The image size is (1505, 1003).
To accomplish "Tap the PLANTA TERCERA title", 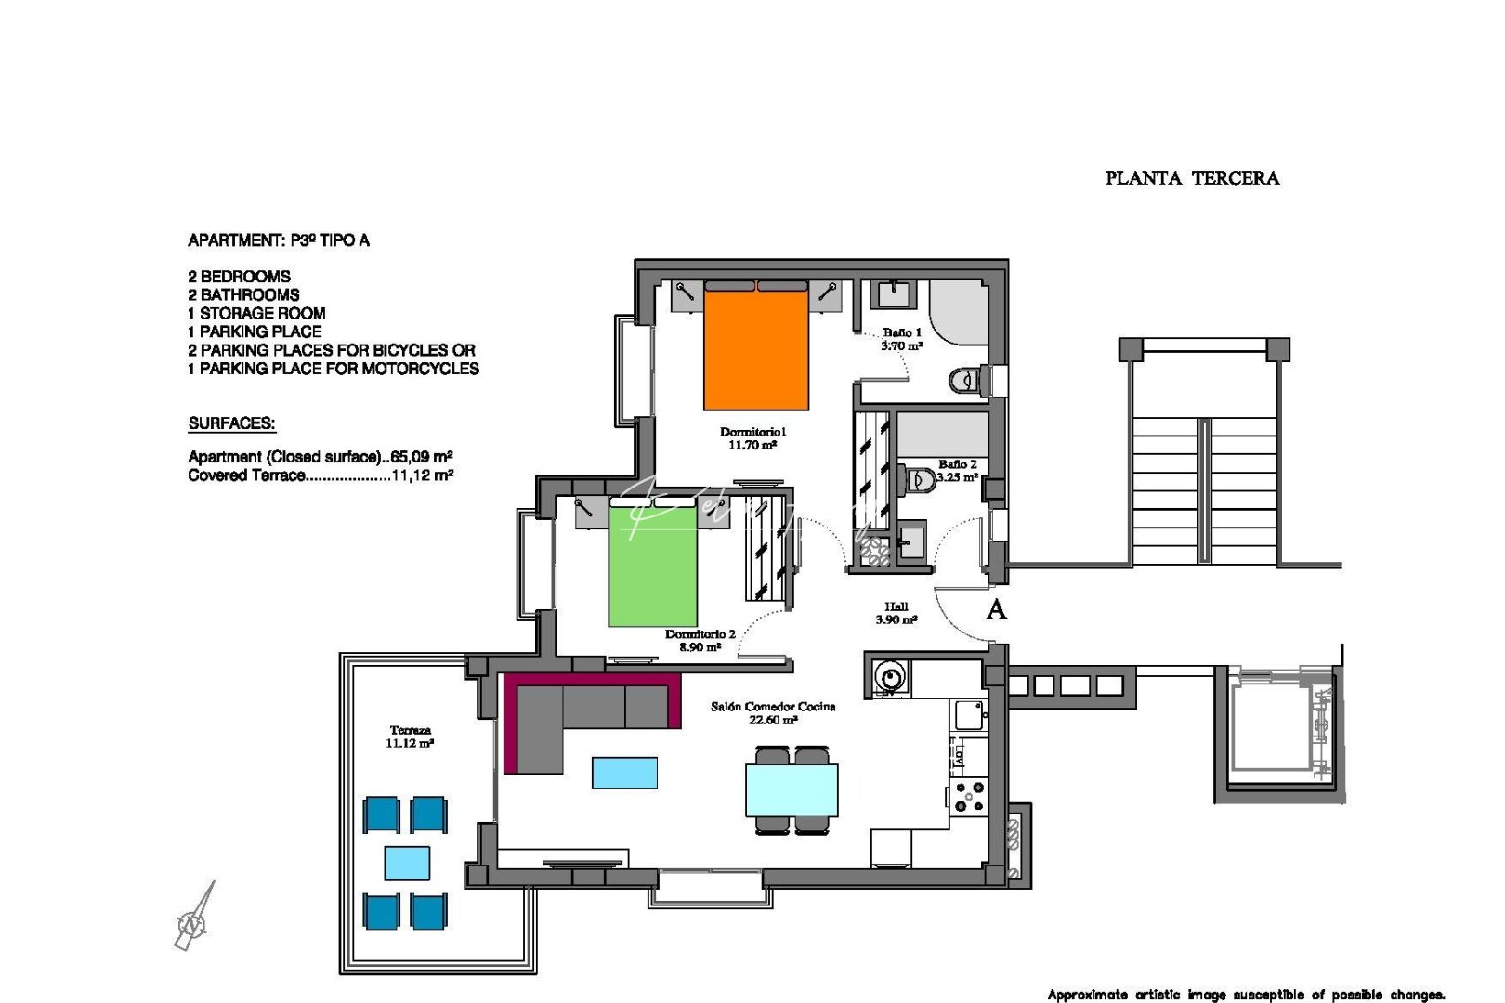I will pos(1192,178).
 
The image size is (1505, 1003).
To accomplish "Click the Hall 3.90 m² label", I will pos(896,613).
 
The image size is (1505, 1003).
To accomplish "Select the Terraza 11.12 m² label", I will pos(410,736).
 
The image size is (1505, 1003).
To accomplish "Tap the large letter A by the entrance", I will pos(996,610).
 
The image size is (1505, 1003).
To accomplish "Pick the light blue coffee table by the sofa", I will pos(624,773).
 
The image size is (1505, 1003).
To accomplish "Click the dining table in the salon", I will pos(792,789).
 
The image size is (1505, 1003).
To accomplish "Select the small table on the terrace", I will pos(407,863).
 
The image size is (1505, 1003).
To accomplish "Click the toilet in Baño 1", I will pos(965,380).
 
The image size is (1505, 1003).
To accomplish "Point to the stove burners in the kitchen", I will pos(970,797).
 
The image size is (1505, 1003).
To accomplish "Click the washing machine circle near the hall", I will pos(890,677).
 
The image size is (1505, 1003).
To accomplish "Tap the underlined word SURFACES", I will pos(231,423).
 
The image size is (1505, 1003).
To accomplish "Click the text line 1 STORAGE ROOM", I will pos(256,314).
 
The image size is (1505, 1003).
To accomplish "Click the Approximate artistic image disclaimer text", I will pos(1245,995).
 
